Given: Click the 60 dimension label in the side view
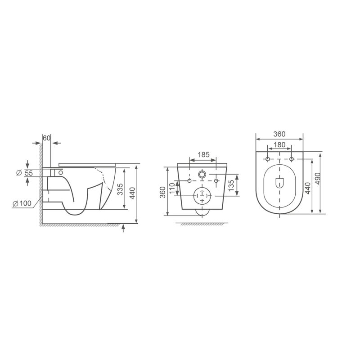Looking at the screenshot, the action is point(46,138).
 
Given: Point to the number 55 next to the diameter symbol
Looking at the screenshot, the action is point(29,173).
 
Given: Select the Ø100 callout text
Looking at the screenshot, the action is point(22,203).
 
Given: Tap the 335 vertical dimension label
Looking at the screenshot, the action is point(120,189).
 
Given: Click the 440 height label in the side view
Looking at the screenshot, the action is point(132,193).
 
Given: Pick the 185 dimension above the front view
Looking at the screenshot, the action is point(204,155).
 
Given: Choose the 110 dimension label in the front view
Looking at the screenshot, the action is point(172,189).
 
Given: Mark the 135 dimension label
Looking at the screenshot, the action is point(231,185).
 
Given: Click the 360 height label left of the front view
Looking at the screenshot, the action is point(162,193).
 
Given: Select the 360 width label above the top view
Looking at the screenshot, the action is point(279,134).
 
